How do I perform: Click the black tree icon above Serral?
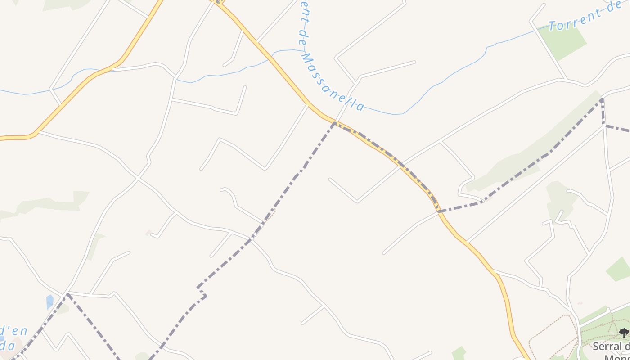624,333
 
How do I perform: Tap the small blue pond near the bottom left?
49,301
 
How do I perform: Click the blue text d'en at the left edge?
13,332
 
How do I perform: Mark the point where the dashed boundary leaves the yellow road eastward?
439,211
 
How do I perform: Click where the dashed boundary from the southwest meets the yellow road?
334,122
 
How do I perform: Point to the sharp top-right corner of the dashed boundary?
602,99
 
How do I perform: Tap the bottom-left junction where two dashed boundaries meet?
67,294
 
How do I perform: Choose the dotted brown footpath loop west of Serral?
553,337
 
